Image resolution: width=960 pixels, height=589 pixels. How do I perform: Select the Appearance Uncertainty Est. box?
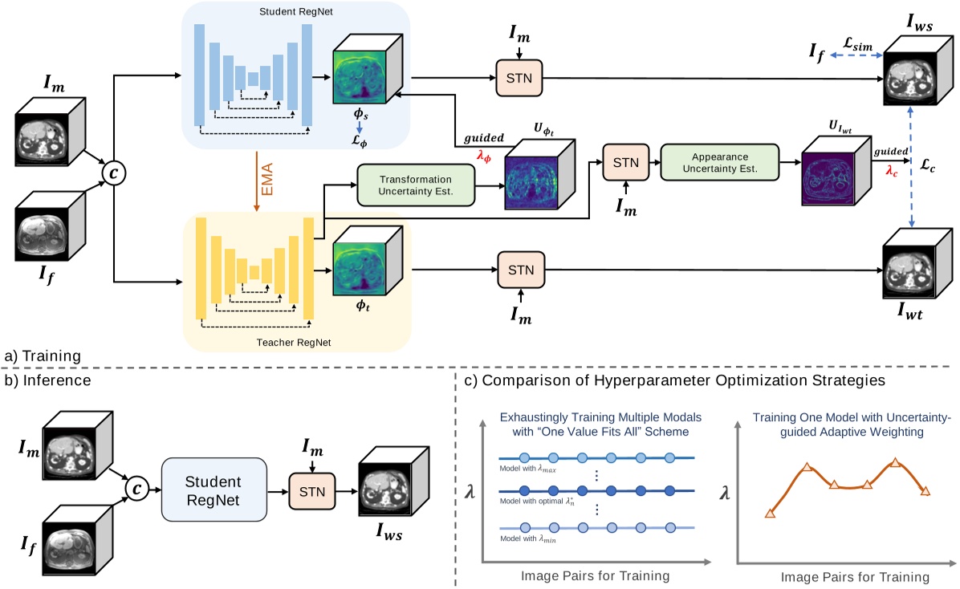pos(719,163)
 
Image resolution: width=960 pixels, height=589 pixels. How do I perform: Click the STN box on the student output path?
pos(519,78)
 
